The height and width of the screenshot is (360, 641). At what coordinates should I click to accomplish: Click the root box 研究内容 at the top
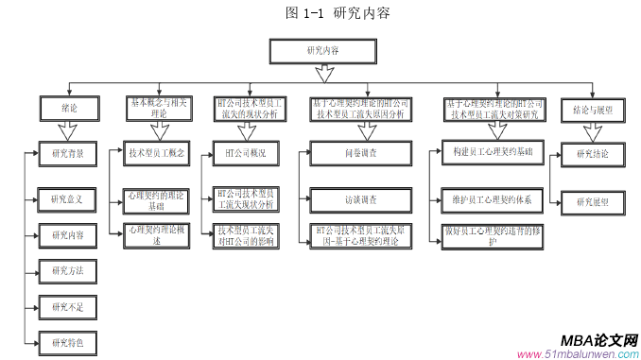pyautogui.click(x=323, y=51)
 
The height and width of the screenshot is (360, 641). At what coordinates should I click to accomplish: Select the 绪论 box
pyautogui.click(x=69, y=109)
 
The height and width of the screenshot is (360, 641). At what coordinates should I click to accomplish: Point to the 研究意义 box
pyautogui.click(x=67, y=199)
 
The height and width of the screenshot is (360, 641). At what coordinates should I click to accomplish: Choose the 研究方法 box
pyautogui.click(x=67, y=271)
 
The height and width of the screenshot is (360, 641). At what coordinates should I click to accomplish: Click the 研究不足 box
pyautogui.click(x=67, y=306)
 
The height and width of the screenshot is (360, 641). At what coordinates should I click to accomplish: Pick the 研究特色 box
pyautogui.click(x=67, y=342)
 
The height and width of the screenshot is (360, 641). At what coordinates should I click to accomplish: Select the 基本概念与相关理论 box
pyautogui.click(x=157, y=108)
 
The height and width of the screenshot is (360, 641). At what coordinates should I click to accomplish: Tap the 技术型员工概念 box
pyautogui.click(x=157, y=151)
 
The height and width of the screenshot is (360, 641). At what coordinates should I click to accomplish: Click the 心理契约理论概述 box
pyautogui.click(x=157, y=235)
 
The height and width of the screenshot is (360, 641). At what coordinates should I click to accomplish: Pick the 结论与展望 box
pyautogui.click(x=594, y=109)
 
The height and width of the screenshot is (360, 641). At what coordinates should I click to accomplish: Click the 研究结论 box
pyautogui.click(x=594, y=153)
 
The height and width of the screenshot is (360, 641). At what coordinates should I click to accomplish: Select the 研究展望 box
pyautogui.click(x=594, y=199)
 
